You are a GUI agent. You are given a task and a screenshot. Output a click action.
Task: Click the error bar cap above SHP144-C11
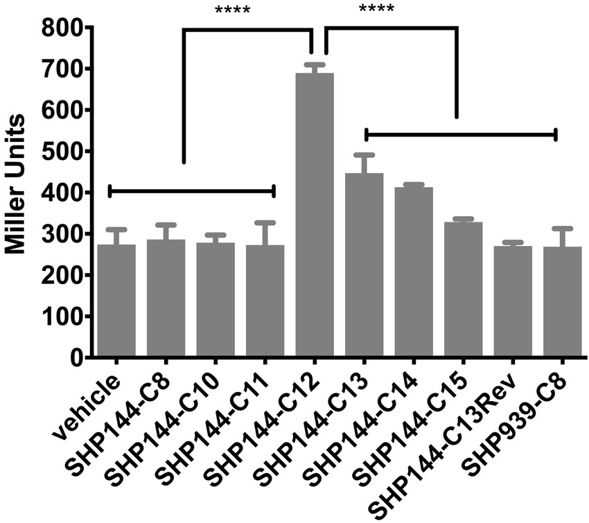click(x=265, y=223)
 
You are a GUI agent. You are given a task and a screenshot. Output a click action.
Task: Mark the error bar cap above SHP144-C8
click(x=166, y=224)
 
